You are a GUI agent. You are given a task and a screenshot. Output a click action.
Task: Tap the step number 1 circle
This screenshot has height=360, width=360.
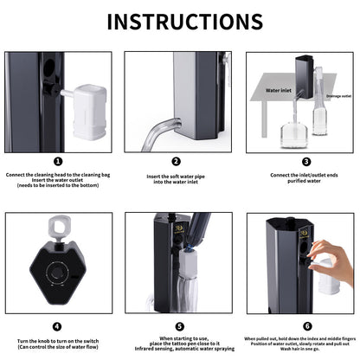pos(57,161)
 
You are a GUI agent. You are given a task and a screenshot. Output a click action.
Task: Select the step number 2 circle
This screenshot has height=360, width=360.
pos(176,161)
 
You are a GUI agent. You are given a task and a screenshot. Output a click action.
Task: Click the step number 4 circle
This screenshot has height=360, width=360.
pos(57,326)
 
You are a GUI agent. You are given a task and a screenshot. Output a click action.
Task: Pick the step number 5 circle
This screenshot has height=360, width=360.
pos(176,326)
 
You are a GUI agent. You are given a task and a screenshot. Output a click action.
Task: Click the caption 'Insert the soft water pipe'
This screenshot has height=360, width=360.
pos(176,176)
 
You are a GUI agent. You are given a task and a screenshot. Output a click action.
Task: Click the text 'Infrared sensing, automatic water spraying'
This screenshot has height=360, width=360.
pos(176,351)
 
